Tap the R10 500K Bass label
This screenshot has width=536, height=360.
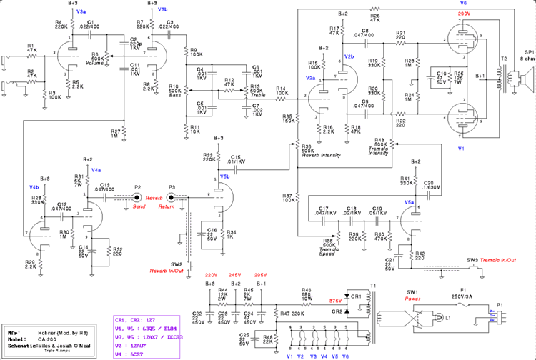174,92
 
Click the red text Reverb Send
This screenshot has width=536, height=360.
155,201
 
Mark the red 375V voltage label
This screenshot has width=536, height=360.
334,301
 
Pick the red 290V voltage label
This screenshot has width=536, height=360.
464,14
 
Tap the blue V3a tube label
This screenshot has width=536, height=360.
81,12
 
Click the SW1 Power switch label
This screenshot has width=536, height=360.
411,294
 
